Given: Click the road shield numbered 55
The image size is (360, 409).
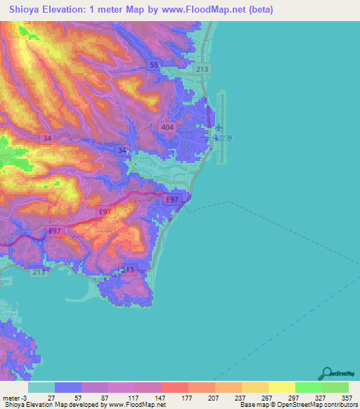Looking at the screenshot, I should click(x=154, y=65).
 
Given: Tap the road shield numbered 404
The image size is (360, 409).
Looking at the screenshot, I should click(x=167, y=126).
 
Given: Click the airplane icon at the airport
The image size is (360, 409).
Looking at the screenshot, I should click(x=219, y=129).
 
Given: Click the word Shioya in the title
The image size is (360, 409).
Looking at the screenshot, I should click(x=26, y=10).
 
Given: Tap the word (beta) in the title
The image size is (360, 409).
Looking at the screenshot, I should click(x=259, y=10).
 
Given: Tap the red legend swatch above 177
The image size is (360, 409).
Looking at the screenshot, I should click(x=174, y=387).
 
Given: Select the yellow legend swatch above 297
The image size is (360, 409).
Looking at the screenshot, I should click(x=281, y=387).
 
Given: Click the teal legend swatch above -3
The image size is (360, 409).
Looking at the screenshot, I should click(x=41, y=387).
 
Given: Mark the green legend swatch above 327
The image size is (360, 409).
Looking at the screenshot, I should click(x=308, y=387).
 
